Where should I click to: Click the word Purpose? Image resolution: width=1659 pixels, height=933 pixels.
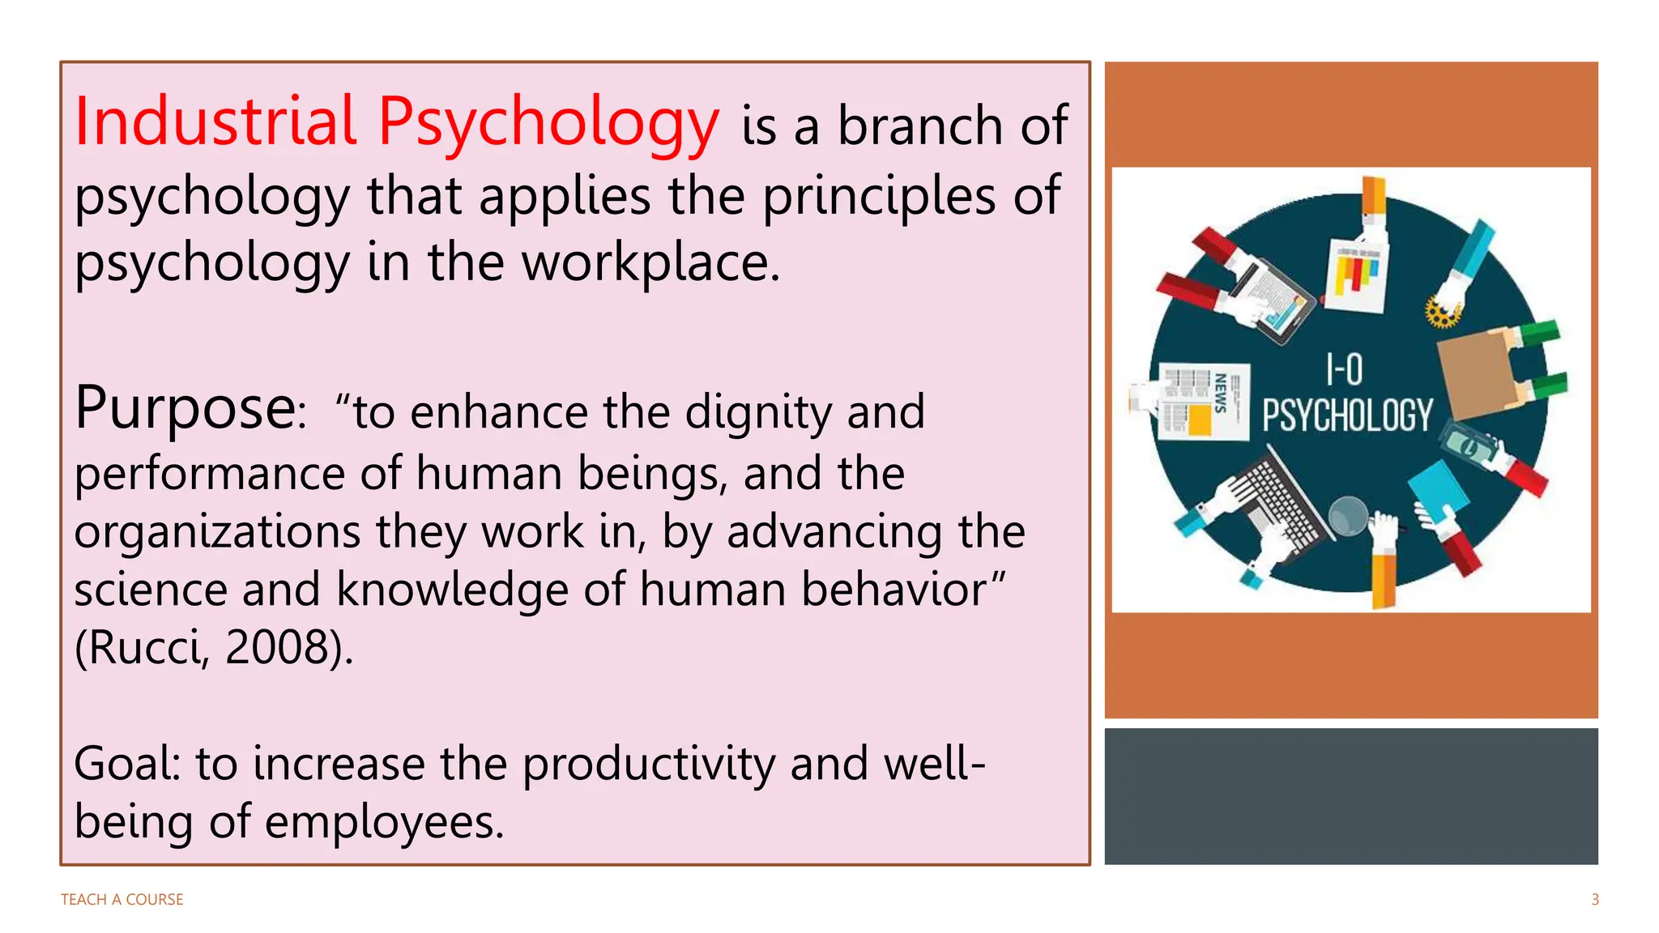tap(186, 408)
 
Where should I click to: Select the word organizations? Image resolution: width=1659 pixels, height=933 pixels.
tap(217, 532)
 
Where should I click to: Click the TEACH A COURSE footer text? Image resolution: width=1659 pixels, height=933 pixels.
tap(122, 900)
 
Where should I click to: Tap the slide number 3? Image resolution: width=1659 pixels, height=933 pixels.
tap(1595, 900)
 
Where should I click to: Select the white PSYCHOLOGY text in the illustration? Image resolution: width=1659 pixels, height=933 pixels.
tap(1347, 415)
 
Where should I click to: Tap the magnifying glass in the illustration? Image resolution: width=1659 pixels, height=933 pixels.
tap(1348, 516)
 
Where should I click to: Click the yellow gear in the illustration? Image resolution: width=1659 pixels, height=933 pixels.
tap(1442, 312)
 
